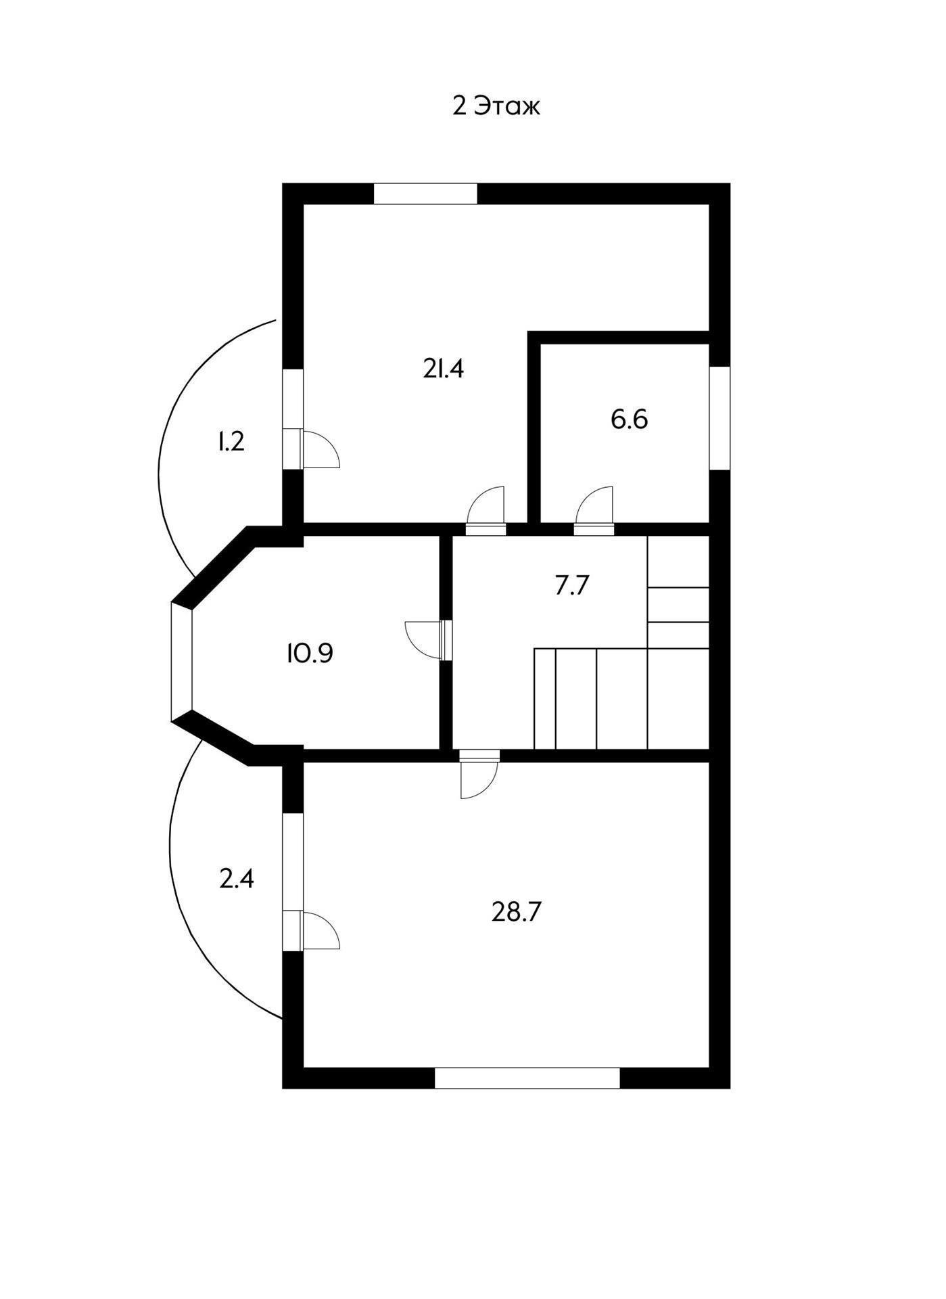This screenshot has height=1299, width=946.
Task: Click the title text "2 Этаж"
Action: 496,107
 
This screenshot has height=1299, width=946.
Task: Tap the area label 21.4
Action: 444,369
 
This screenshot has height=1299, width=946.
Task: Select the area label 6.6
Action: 629,419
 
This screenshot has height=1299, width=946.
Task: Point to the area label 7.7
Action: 573,585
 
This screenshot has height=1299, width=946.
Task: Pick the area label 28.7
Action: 517,912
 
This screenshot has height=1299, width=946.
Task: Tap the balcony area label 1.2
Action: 230,442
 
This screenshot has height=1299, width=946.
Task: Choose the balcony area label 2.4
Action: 237,880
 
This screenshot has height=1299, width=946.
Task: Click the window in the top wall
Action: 425,193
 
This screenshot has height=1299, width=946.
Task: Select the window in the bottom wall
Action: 527,1077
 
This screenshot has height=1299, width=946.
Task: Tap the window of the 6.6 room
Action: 719,417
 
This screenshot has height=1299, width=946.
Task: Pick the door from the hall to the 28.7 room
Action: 479,775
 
